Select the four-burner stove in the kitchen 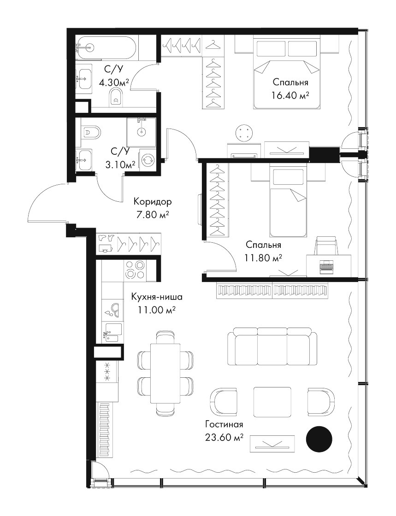pos(136,270)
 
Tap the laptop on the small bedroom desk pos(327,266)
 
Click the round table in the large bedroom pos(245,133)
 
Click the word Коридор pos(153,201)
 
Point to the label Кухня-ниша pos(156,297)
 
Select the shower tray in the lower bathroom pos(142,133)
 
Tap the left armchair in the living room pos(223,400)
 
